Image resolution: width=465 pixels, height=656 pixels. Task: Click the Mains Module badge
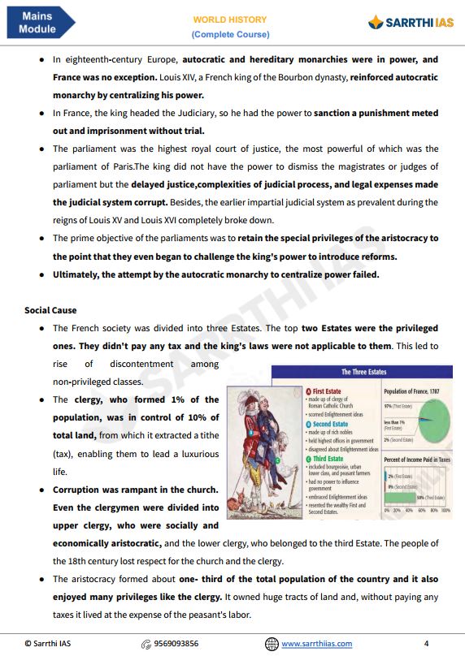(x=39, y=23)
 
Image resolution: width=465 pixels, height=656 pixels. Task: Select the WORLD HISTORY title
(x=230, y=19)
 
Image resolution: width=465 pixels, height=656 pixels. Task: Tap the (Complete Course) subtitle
(x=230, y=34)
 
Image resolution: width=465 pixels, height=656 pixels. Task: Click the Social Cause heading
(x=50, y=310)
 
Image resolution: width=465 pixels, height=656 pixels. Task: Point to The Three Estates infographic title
(x=363, y=372)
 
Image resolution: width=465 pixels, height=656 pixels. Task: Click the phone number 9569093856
(x=176, y=644)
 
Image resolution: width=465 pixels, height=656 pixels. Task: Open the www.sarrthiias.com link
(x=317, y=644)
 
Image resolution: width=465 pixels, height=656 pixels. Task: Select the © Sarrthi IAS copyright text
(x=52, y=644)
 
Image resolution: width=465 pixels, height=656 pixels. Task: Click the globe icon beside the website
(x=272, y=644)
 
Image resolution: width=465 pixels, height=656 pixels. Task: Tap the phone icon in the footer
(x=146, y=644)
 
